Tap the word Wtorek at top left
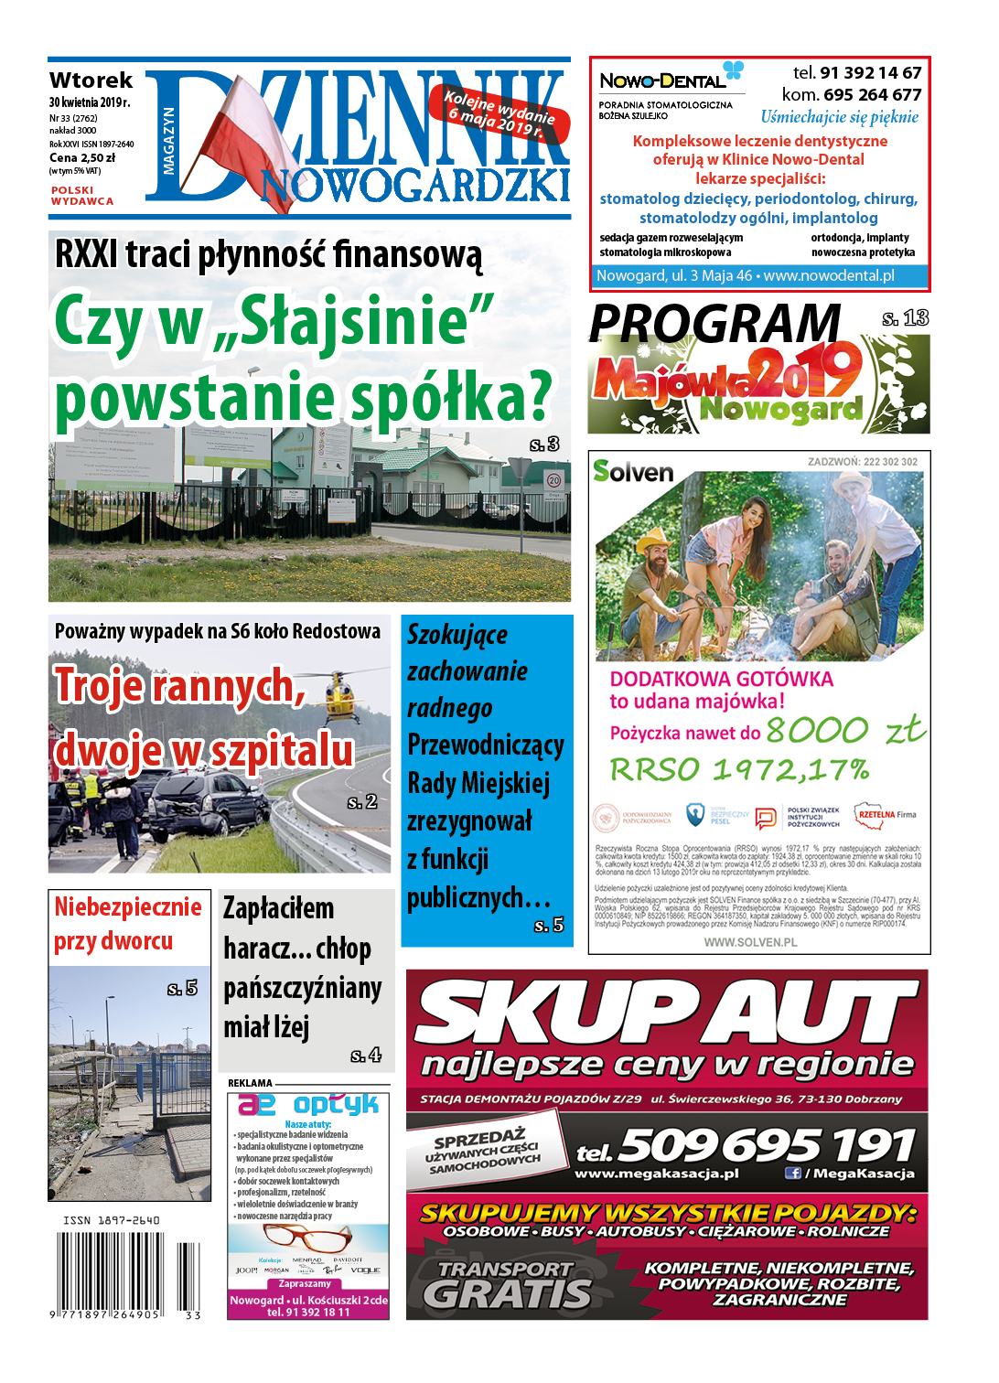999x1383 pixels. tap(91, 80)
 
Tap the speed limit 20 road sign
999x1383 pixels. tap(553, 480)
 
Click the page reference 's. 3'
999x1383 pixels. tap(544, 445)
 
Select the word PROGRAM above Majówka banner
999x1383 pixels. tap(714, 324)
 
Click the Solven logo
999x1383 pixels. tap(633, 472)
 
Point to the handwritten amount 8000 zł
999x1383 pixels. tap(844, 731)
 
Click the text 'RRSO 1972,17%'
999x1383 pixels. tap(739, 770)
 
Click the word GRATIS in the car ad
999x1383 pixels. tap(507, 1293)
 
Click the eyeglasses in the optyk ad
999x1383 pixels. tap(306, 1238)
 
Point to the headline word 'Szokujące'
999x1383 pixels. tap(457, 635)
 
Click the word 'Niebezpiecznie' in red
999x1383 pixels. tap(128, 906)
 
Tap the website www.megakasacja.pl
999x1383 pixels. tap(656, 1174)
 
